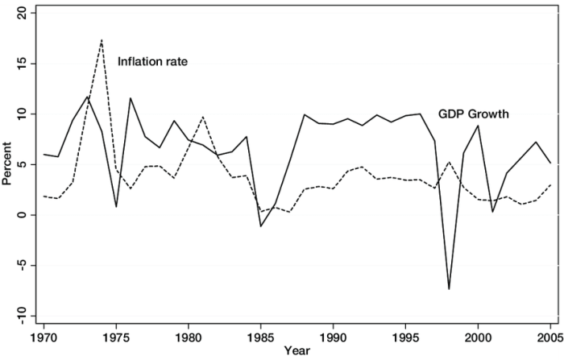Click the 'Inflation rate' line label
[152, 61]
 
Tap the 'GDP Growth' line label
[473, 114]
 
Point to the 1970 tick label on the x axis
[44, 333]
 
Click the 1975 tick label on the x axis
[117, 333]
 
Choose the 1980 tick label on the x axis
[189, 333]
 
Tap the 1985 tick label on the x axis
[261, 333]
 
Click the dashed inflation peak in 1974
[102, 39]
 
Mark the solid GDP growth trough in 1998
[449, 289]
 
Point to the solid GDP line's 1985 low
[261, 226]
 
